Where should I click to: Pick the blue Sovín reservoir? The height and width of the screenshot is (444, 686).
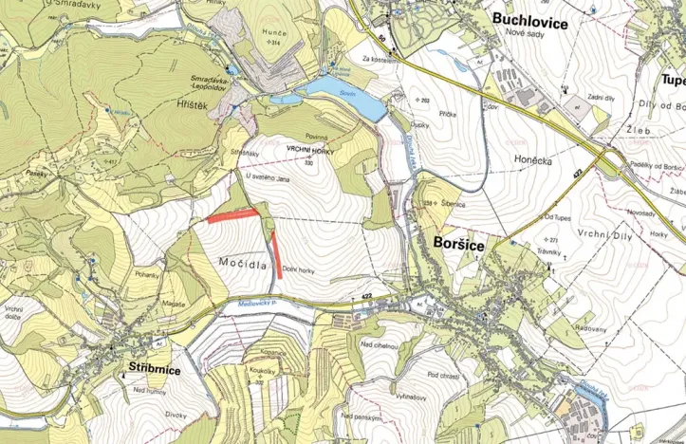(x=342, y=96)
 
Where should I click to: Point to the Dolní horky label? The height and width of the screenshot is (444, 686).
(x=298, y=269)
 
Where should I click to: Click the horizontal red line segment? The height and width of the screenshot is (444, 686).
(x=233, y=215)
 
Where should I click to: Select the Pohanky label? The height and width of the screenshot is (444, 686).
(x=147, y=274)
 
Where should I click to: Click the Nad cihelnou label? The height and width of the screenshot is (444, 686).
(x=378, y=346)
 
